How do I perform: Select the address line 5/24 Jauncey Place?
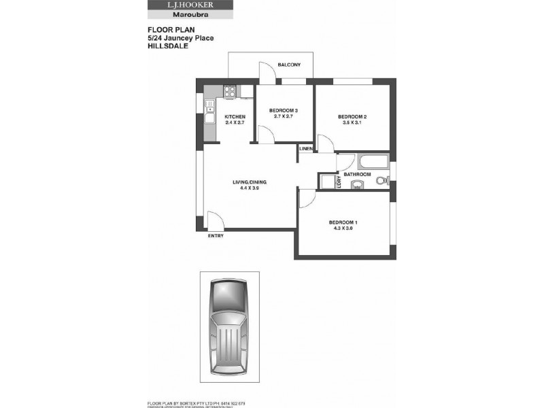180,38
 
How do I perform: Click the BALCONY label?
289,65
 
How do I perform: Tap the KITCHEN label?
235,117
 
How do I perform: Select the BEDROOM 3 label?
284,111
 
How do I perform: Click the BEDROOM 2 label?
352,117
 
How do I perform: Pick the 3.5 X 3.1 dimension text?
352,124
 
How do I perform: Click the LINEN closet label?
305,148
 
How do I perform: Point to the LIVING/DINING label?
250,182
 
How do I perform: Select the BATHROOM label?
357,175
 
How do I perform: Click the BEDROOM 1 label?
343,223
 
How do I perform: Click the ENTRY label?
216,237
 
